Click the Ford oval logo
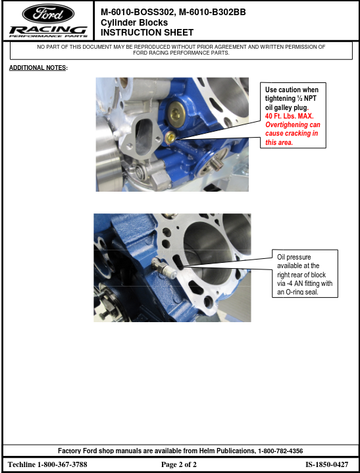[x=48, y=14]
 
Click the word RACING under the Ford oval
[x=48, y=30]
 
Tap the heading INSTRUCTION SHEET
[x=147, y=32]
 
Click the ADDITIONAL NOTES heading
[x=38, y=68]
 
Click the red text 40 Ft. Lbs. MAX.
[x=289, y=116]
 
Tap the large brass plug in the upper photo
[x=176, y=113]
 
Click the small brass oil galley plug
[x=170, y=138]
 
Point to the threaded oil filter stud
[x=217, y=163]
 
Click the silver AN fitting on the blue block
[x=164, y=268]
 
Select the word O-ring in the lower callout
[x=294, y=292]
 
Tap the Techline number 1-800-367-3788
[x=63, y=464]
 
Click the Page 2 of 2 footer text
[x=178, y=464]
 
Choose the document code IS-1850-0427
[x=326, y=464]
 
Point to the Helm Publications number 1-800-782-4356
[x=280, y=451]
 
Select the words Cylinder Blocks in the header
[x=134, y=22]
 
